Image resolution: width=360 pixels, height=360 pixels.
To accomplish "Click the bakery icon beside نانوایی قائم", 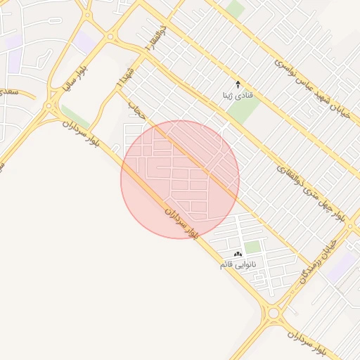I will click(x=238, y=254).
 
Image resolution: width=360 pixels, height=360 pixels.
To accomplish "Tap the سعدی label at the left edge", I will click(x=8, y=92).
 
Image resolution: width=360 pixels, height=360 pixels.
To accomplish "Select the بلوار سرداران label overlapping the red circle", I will click(x=182, y=220).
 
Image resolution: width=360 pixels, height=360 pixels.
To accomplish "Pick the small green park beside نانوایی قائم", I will click(x=252, y=247).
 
